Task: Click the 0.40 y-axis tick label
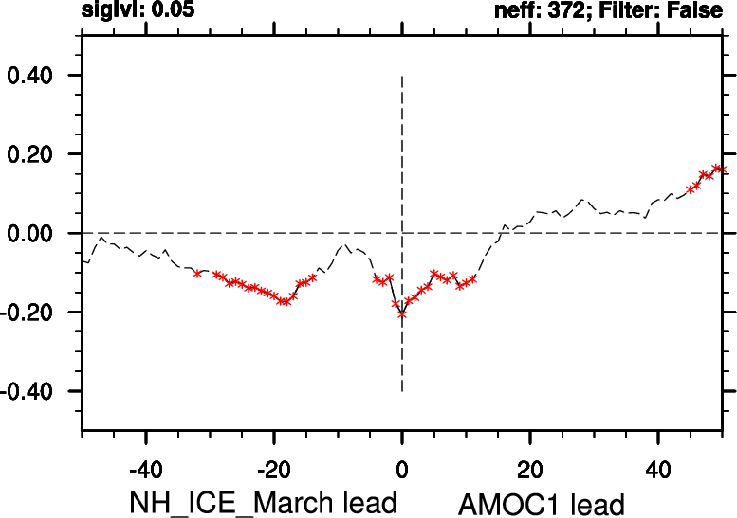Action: tap(34, 76)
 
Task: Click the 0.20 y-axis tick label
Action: tap(34, 154)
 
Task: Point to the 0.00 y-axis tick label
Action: tap(34, 233)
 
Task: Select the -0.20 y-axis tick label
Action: tap(30, 313)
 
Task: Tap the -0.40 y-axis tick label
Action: tap(30, 391)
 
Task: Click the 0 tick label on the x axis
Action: tap(402, 469)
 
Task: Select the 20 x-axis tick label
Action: tap(530, 469)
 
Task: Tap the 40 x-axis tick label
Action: tap(658, 469)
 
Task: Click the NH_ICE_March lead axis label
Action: tap(263, 502)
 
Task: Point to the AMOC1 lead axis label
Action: tap(542, 502)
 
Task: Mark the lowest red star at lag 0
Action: tap(402, 313)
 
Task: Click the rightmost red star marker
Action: tap(718, 169)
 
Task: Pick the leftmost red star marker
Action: tap(197, 273)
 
